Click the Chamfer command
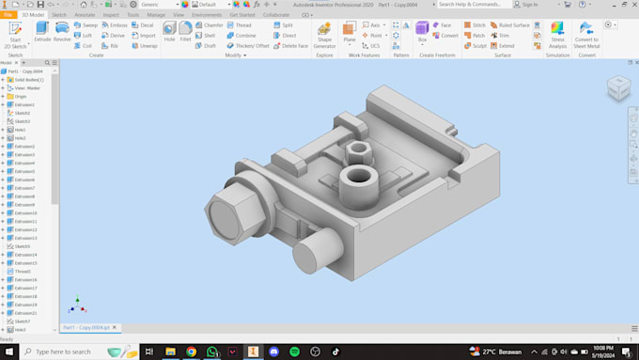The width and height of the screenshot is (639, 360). click(211, 24)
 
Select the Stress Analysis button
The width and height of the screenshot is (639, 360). click(558, 34)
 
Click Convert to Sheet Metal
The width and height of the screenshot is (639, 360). click(586, 34)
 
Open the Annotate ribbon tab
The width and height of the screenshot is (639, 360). click(85, 15)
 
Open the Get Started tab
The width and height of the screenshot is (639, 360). click(242, 15)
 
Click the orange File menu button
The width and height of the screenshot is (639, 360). click(8, 15)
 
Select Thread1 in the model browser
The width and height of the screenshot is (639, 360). click(23, 272)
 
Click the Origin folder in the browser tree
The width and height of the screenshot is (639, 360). click(21, 96)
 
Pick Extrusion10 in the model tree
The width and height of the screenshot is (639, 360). click(25, 212)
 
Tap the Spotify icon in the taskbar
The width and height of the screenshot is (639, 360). click(293, 351)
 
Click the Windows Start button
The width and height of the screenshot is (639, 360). click(10, 351)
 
